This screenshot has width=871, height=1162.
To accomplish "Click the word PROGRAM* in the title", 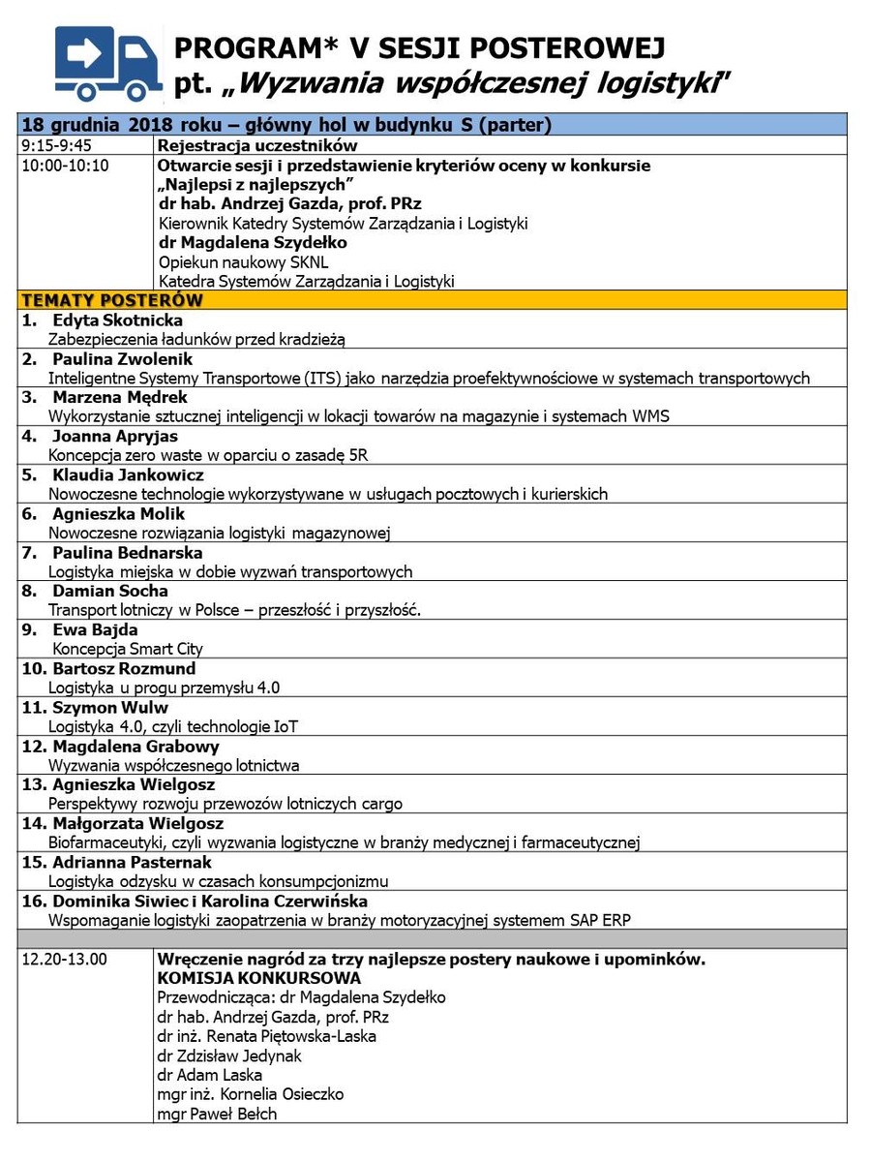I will coord(239,48).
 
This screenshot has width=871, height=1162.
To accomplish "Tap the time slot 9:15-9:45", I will coord(56,145).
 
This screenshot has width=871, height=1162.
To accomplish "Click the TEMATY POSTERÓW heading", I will coord(112,300).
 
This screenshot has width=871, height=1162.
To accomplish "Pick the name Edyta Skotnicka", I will coord(117,321).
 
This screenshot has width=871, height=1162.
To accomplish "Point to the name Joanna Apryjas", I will coord(115,437).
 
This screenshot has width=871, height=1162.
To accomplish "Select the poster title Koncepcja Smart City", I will coord(128,649).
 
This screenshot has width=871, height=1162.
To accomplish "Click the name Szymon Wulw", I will coord(109,708).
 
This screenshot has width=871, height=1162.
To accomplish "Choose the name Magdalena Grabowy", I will coord(135,747).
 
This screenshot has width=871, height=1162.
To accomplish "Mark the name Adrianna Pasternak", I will coord(132,862).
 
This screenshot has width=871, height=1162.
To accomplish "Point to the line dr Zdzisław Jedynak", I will coord(229,1055).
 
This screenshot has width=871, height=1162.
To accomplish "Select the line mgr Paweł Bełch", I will coord(217,1114).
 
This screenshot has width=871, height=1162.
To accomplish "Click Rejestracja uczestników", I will coord(257,145).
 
